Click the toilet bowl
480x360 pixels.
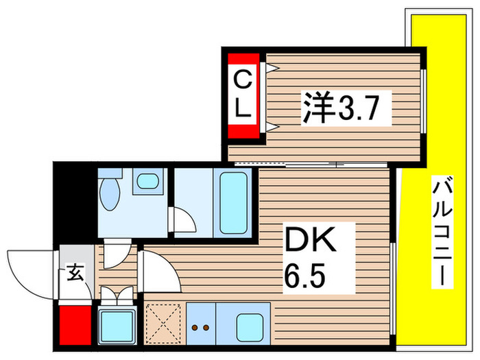click(109, 194)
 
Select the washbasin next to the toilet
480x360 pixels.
click(146, 182)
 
